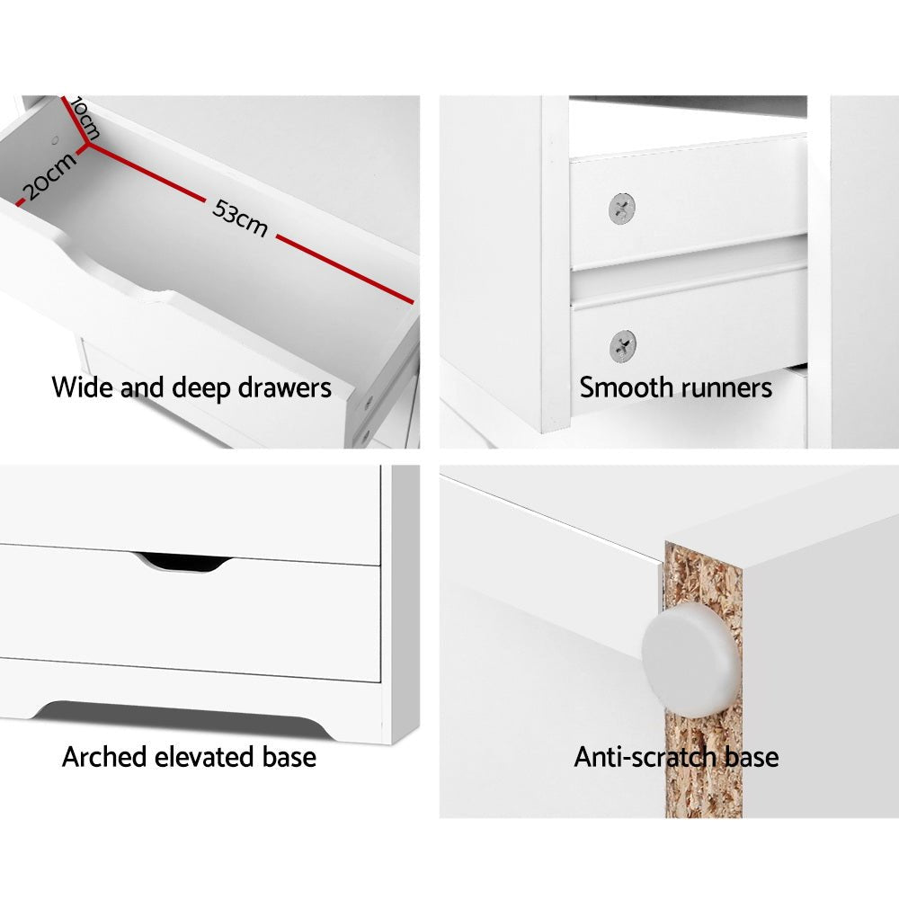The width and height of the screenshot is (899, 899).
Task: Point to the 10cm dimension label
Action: (84, 118)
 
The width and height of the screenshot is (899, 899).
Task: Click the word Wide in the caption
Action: (83, 388)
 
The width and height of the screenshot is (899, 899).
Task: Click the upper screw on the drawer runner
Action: (622, 209)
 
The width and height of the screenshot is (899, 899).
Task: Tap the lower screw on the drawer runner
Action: (622, 345)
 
